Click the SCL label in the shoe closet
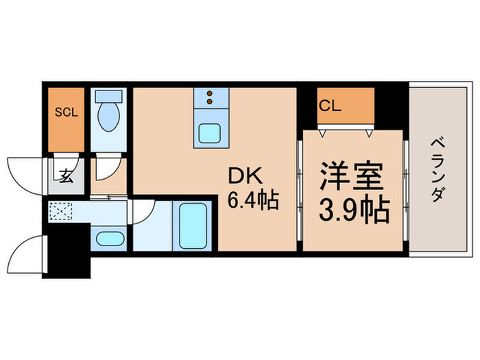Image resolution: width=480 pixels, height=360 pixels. click(x=67, y=112)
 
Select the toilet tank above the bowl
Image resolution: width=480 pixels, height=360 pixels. click(x=108, y=97)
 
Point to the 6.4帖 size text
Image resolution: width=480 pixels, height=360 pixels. click(x=254, y=200)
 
